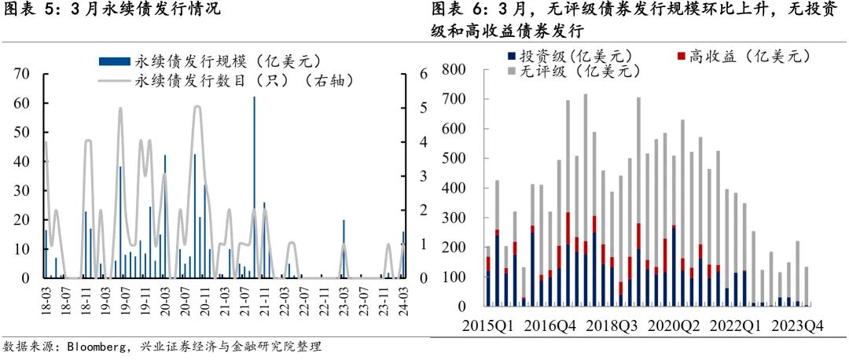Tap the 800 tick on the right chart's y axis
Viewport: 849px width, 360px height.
455,70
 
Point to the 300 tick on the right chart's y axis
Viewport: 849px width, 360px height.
455,218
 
